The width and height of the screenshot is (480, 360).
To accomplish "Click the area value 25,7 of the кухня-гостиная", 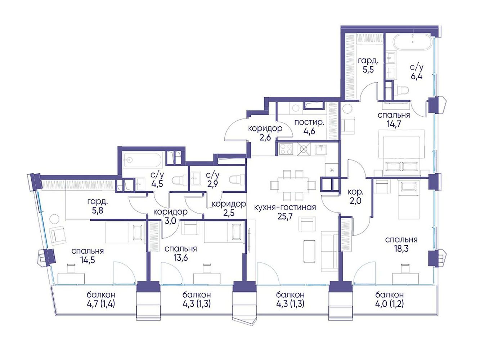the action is tap(285, 217).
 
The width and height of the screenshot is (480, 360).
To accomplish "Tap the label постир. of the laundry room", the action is tap(309, 122).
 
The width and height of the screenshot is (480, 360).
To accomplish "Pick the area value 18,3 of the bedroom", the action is tap(401, 249).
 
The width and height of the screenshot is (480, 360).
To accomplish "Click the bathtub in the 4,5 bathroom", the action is tap(142, 161).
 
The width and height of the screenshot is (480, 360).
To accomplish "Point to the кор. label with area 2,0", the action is tap(355, 192).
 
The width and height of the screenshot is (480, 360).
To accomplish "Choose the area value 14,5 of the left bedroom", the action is tap(88, 260).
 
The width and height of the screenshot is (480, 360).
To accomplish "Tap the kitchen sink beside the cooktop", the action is tap(321, 149).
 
